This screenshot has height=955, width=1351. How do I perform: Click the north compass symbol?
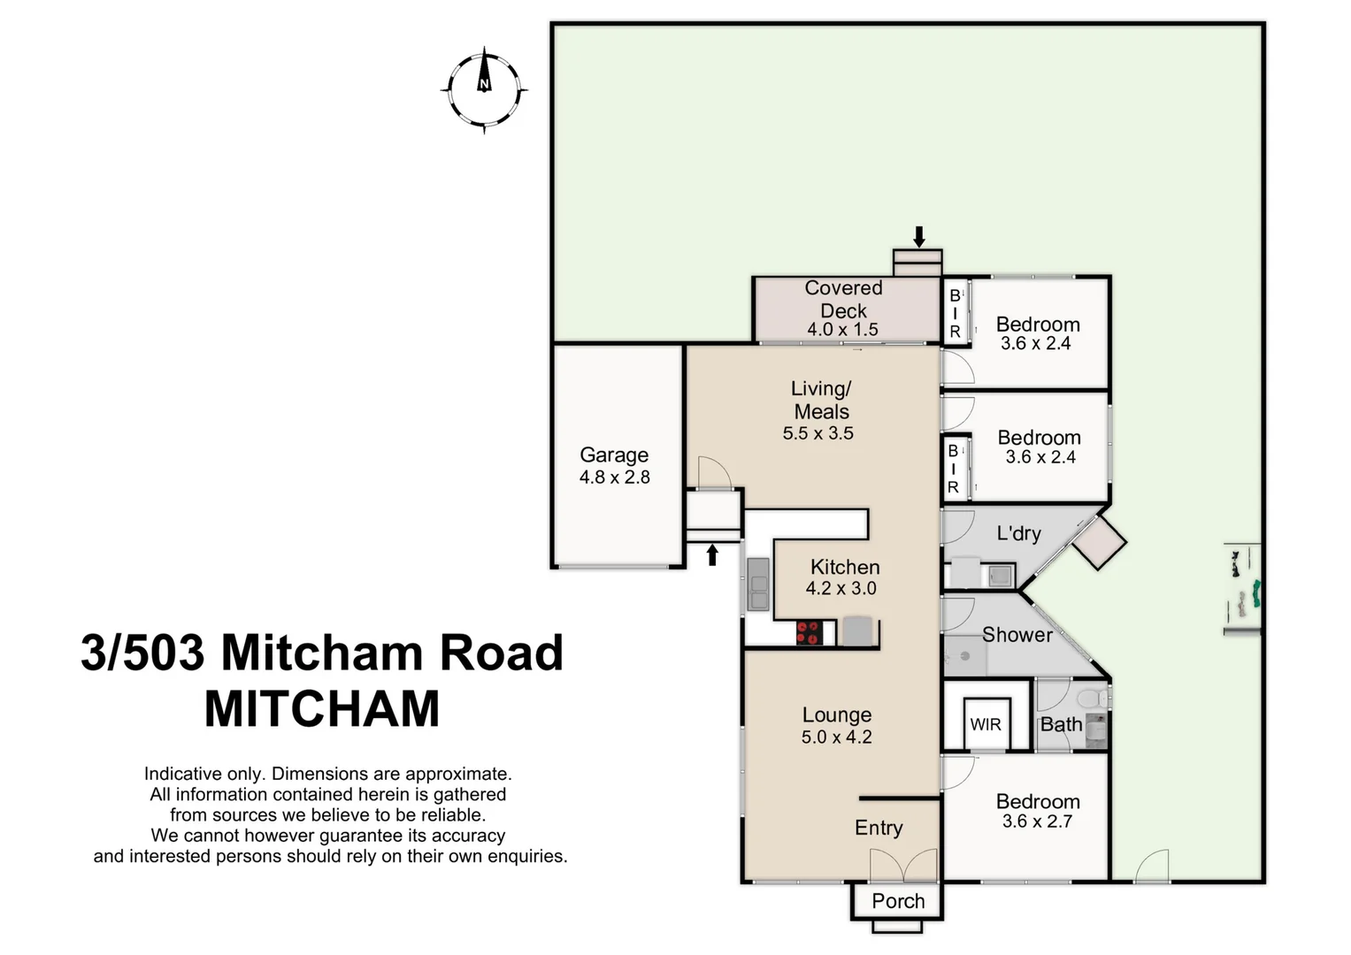click(x=484, y=89)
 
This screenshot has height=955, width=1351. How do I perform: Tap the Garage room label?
click(x=614, y=455)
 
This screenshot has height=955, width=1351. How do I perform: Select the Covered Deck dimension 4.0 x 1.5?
click(x=842, y=330)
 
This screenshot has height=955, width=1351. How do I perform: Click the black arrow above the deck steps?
click(x=919, y=237)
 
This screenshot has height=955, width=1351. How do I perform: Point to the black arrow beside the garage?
click(x=712, y=555)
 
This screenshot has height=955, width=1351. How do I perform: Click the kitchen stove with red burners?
click(x=809, y=632)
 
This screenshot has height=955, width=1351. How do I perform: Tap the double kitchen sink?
click(x=758, y=584)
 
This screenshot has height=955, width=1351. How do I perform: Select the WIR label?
click(x=986, y=725)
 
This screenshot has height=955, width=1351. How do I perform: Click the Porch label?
click(x=898, y=901)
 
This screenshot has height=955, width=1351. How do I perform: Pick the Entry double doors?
click(x=903, y=866)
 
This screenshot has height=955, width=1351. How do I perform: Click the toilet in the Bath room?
click(x=1094, y=699)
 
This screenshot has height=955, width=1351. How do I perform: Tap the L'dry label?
click(x=1018, y=533)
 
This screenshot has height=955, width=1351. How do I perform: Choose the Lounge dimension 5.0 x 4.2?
click(x=836, y=737)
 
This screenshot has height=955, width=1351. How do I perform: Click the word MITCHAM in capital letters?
click(x=322, y=709)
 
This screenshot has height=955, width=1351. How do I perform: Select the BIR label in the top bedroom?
click(x=955, y=314)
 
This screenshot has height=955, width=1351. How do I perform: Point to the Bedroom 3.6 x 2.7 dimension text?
click(x=1037, y=821)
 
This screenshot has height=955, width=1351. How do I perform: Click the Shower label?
click(x=1017, y=635)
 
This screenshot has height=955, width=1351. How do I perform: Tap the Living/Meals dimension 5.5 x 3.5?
click(x=818, y=433)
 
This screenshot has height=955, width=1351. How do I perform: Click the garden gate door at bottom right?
click(x=1151, y=867)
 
